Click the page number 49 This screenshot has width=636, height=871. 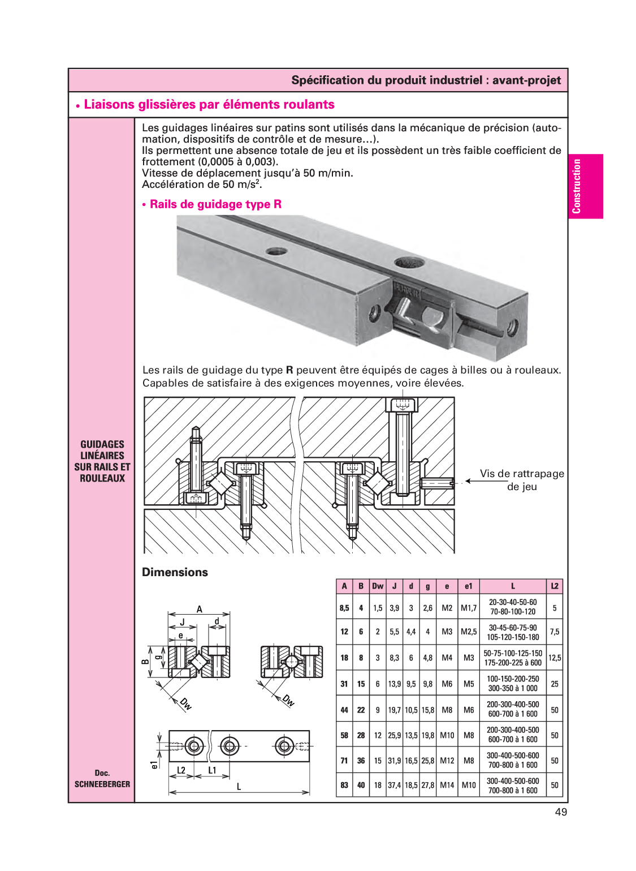coord(561,812)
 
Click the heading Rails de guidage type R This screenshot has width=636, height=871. coord(215,204)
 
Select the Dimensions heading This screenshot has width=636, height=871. coord(175,572)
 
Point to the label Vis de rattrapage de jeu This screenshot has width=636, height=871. coord(521,480)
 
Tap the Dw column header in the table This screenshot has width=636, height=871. coord(378,586)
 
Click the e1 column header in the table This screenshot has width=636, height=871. coord(468,586)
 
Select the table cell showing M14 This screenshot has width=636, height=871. coord(447,786)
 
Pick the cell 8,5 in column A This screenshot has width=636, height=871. coord(344,608)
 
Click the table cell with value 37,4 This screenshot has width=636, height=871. coord(394,786)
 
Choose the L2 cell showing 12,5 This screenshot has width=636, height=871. coord(555,658)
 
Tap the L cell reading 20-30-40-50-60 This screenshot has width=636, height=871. coord(513,603)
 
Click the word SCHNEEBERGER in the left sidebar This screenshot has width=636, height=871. coord(102,784)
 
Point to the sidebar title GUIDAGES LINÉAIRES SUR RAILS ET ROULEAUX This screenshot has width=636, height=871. coord(102,461)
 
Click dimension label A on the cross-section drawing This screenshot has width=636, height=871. coord(199,610)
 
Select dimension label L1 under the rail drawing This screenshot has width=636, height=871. coord(212,770)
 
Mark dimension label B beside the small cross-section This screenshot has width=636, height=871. coord(145,662)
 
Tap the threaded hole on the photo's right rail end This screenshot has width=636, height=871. coord(513,327)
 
